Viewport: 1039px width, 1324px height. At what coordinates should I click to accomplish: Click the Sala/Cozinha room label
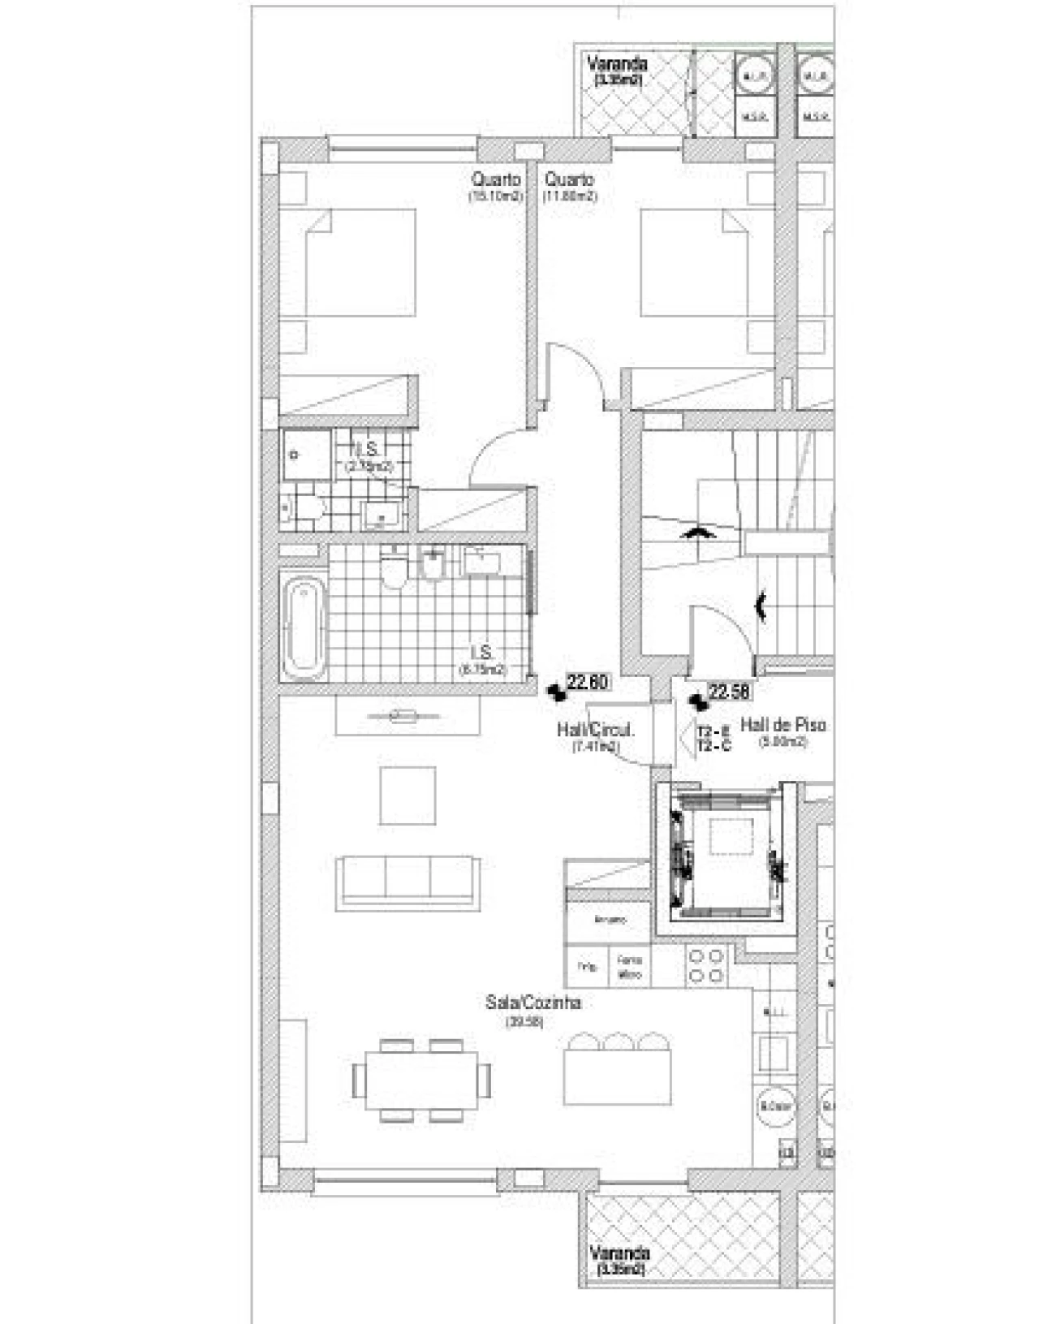coord(532,1003)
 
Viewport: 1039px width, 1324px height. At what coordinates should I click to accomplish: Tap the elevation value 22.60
coord(588,683)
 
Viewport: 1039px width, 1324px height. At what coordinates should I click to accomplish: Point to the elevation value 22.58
coord(728,692)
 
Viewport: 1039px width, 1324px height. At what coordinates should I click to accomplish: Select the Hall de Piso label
coord(782,725)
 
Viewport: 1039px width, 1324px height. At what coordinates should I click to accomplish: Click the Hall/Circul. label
coord(595,730)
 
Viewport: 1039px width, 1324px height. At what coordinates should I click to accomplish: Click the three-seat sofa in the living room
coord(406,879)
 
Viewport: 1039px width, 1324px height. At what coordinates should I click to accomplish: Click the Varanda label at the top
coord(617,64)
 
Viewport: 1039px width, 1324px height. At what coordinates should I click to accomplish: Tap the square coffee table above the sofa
coord(407,795)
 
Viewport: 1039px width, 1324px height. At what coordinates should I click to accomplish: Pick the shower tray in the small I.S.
coord(305,455)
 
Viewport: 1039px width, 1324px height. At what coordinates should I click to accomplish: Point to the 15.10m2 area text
coord(495,196)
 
